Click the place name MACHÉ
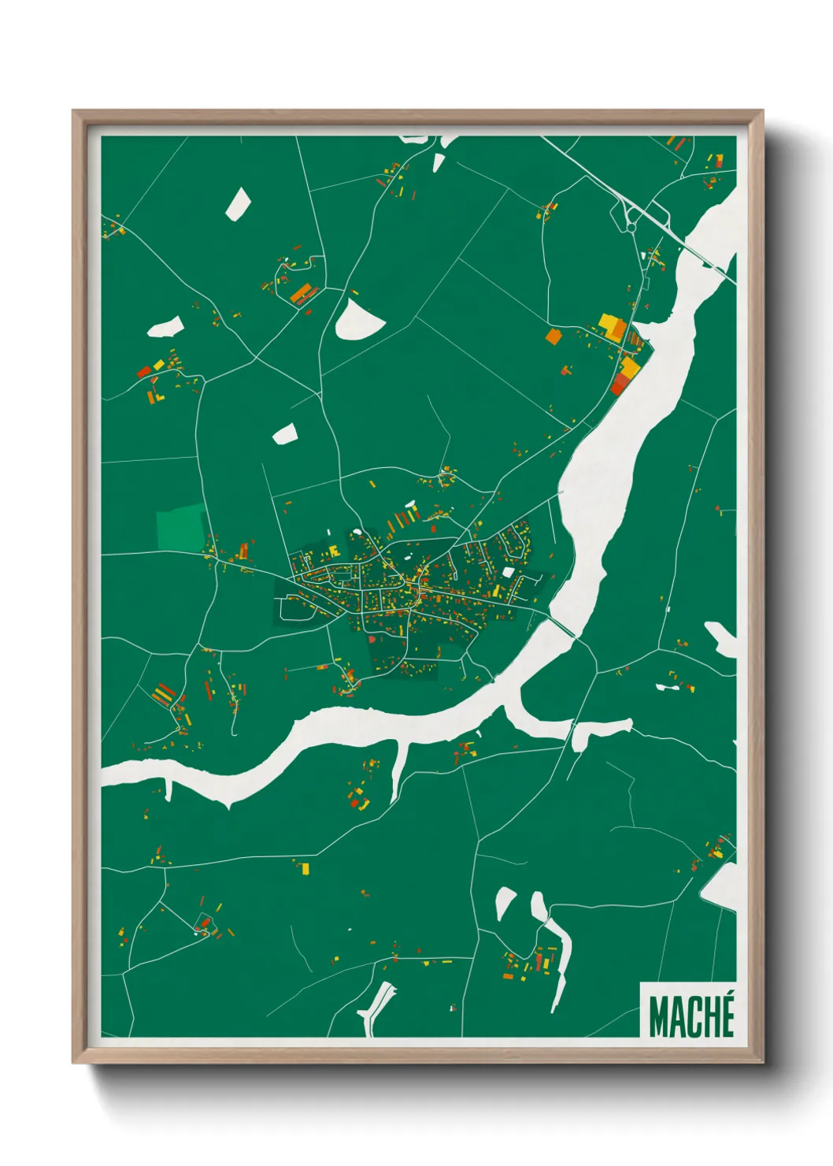[x=691, y=1016]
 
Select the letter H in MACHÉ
[x=709, y=1018]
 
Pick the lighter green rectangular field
[x=180, y=527]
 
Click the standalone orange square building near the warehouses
[x=553, y=336]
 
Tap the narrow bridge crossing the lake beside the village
[x=561, y=626]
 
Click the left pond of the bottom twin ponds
[x=504, y=902]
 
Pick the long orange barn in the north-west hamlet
[x=300, y=295]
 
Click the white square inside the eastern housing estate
[x=508, y=572]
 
